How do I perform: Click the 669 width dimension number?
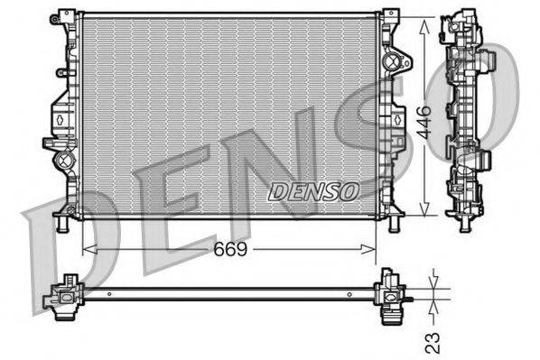click(230, 247)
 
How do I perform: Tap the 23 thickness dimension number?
click(434, 341)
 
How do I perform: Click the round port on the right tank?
click(391, 62)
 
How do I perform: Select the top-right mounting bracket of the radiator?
click(390, 16)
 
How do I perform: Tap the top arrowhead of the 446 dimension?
click(424, 20)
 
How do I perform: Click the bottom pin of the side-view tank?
click(465, 220)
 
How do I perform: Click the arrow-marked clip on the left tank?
click(58, 116)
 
